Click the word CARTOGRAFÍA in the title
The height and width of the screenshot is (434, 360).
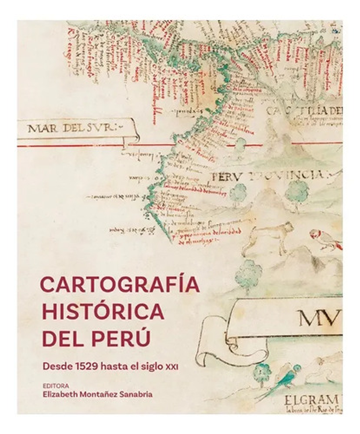pos(120,285)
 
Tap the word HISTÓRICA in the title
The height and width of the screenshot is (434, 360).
pos(103,311)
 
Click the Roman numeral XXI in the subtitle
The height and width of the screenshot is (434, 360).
pos(172,367)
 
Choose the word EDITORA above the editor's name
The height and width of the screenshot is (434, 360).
pos(55,386)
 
